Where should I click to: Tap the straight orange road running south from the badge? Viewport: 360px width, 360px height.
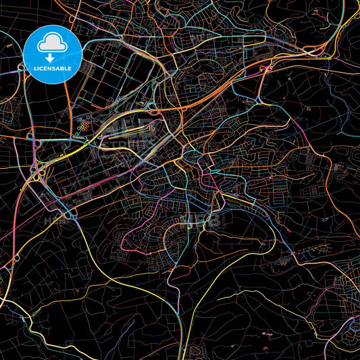[x=68, y=108]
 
